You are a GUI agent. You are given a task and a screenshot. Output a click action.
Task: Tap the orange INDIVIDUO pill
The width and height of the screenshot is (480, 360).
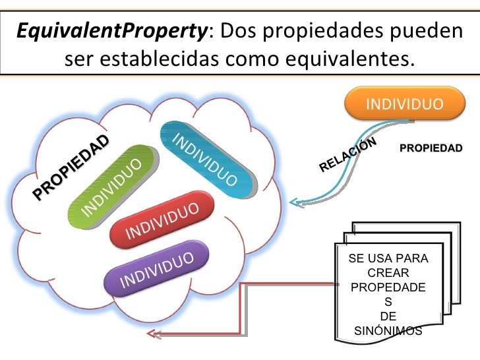click(404, 105)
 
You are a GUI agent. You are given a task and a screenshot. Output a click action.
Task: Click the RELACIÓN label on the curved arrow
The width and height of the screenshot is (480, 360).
click(347, 155)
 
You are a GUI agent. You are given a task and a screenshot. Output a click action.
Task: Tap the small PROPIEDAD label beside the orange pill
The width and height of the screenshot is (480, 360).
click(431, 148)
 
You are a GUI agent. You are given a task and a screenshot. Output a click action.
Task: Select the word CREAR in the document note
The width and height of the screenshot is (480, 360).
click(388, 273)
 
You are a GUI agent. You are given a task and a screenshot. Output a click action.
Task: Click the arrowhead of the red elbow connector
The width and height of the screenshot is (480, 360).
click(153, 334)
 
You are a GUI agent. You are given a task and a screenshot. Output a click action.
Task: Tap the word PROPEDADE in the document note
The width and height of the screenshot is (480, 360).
click(388, 287)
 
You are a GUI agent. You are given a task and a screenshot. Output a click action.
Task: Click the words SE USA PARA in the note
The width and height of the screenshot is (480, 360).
click(388, 258)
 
